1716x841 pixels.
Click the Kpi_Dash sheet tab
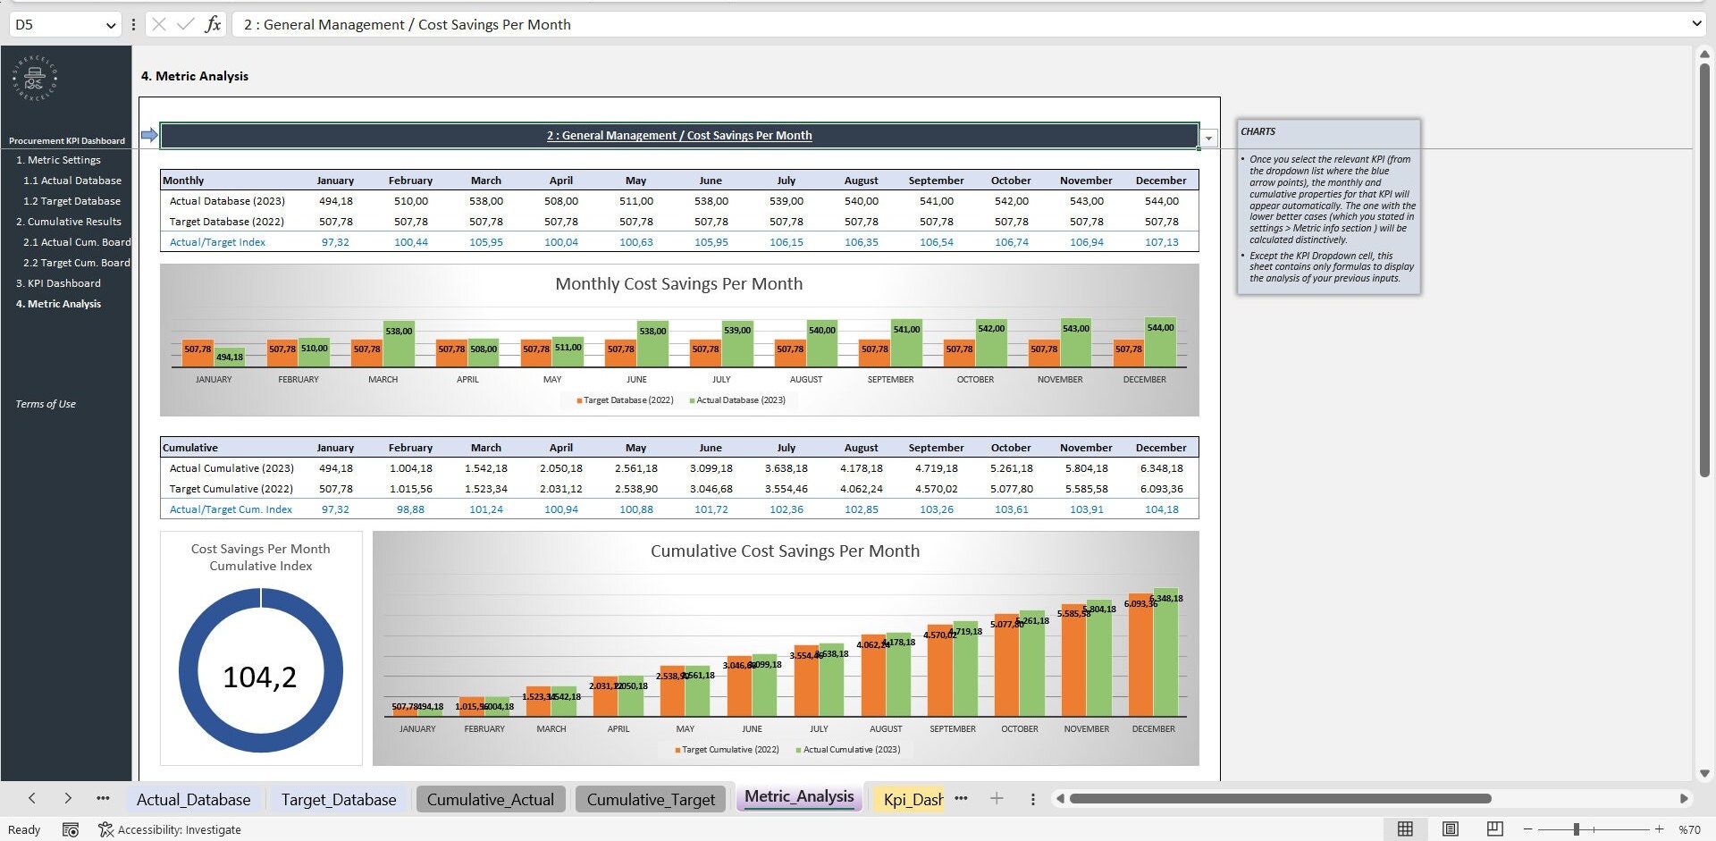[x=912, y=799]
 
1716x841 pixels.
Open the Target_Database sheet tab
[x=338, y=799]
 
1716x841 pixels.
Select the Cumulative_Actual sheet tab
[x=490, y=799]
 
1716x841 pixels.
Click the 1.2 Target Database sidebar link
[x=71, y=201]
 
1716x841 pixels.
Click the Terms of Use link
[x=46, y=404]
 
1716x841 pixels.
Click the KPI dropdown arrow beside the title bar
[x=1208, y=138]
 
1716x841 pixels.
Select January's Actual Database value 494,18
[x=335, y=201]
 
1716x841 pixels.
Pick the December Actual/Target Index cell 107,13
[x=1161, y=242]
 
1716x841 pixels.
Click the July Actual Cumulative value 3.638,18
[x=786, y=468]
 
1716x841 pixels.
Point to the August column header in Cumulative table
[x=861, y=448]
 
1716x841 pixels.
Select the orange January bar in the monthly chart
[x=198, y=353]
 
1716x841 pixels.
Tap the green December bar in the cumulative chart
[x=1165, y=657]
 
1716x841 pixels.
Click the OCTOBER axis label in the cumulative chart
[x=1019, y=729]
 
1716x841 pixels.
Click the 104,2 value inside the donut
[x=260, y=677]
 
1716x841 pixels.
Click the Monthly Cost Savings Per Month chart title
[x=678, y=284]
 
